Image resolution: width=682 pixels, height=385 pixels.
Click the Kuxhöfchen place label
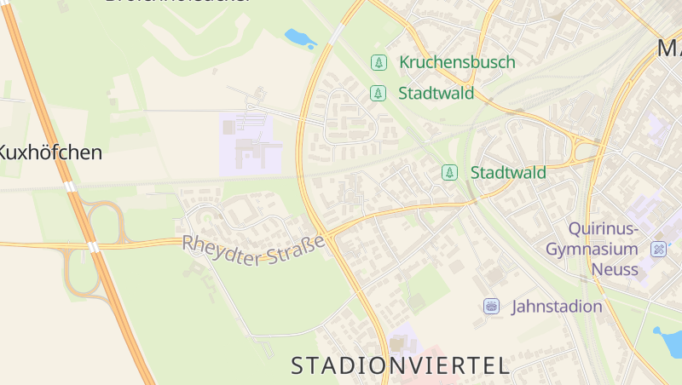tap(49, 153)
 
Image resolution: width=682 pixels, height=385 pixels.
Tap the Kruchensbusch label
tap(457, 62)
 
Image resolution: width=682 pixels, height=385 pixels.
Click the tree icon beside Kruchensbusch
tap(378, 62)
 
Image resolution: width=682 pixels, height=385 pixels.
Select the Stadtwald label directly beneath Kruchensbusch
tap(436, 93)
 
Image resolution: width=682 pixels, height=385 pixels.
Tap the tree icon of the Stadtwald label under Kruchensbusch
tap(378, 93)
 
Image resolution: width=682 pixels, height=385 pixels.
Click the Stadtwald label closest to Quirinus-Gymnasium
tap(508, 173)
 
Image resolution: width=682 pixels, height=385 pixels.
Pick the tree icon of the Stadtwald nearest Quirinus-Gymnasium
tap(449, 173)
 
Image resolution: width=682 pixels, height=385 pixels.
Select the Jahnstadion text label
tap(557, 307)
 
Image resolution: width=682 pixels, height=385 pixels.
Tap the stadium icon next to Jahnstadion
tap(491, 307)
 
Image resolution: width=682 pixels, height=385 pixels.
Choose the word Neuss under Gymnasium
tap(614, 269)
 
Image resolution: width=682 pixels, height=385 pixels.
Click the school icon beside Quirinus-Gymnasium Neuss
tap(658, 250)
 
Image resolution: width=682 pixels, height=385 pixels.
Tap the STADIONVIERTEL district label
tap(400, 366)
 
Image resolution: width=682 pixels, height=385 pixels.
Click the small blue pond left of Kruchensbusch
tap(299, 38)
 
